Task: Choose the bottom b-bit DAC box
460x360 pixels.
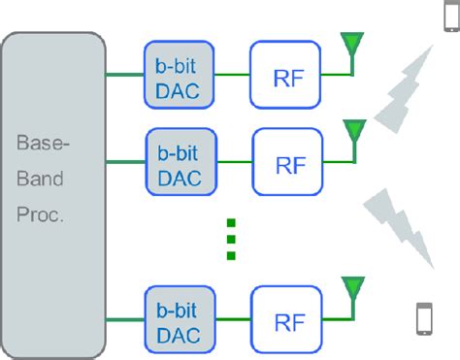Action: pos(179,319)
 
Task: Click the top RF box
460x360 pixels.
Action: pos(285,75)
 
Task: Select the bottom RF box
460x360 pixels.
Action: pos(287,319)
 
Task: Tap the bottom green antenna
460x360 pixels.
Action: pos(351,288)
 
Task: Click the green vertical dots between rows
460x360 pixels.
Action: pos(231,238)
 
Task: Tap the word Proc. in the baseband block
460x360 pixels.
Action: pos(40,216)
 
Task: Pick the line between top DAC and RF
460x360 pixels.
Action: pos(232,74)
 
